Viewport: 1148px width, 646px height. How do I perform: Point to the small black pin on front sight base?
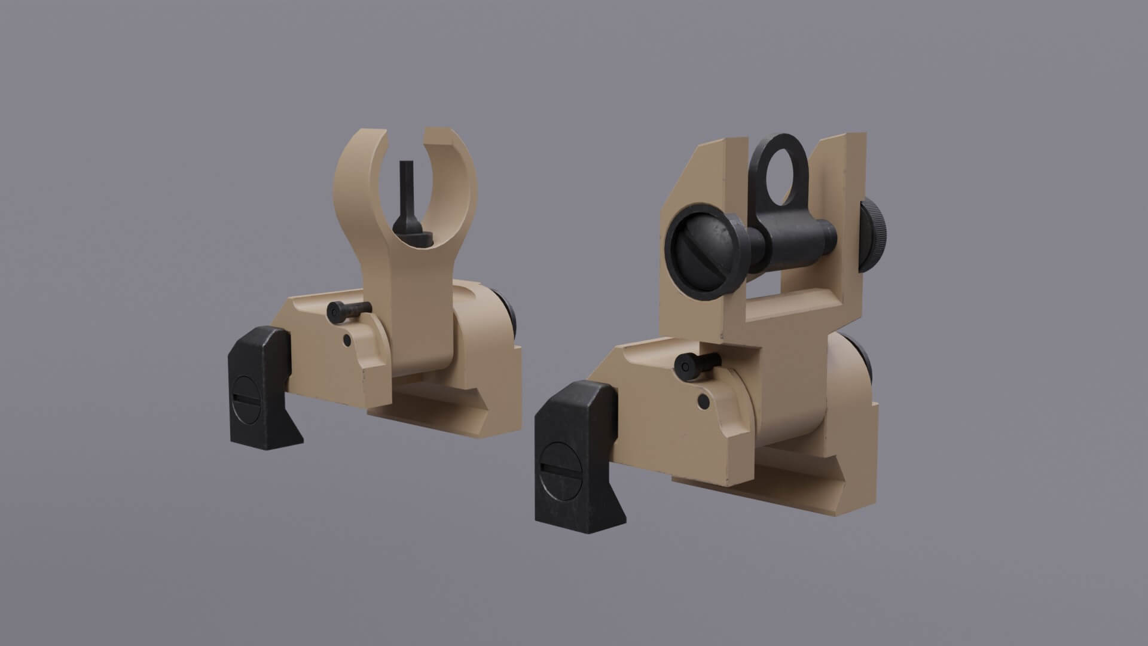[346, 310]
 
